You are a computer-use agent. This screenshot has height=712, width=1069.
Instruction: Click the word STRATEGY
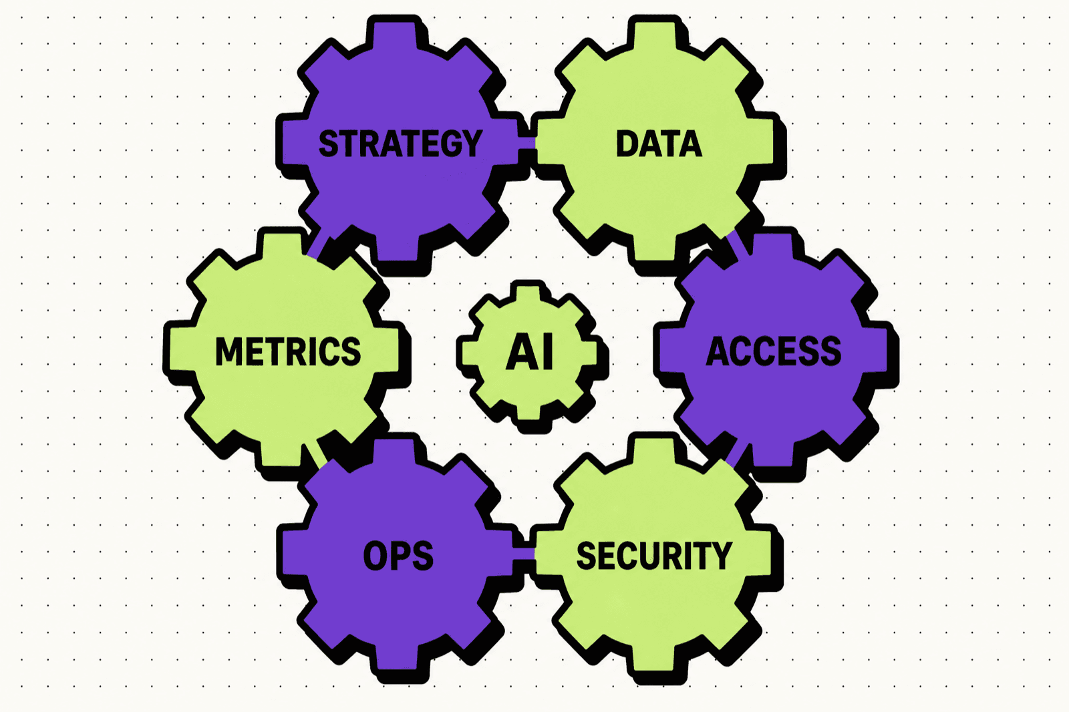point(400,143)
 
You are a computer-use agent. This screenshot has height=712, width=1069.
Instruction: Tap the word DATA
point(659,143)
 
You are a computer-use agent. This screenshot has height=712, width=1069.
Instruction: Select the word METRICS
point(288,351)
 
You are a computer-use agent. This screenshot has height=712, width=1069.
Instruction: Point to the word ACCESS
point(773,351)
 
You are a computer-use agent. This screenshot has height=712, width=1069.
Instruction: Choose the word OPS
point(398,556)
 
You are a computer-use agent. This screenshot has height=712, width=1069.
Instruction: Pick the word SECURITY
point(654,556)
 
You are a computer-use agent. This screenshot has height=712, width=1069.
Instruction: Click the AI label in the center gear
point(529,352)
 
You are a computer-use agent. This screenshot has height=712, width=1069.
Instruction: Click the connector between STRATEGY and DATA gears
point(527,143)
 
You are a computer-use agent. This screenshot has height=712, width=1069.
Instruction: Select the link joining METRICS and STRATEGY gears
point(318,242)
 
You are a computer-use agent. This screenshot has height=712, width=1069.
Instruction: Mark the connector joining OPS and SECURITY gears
point(524,554)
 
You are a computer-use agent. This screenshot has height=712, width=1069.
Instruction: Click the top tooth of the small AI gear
point(528,293)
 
